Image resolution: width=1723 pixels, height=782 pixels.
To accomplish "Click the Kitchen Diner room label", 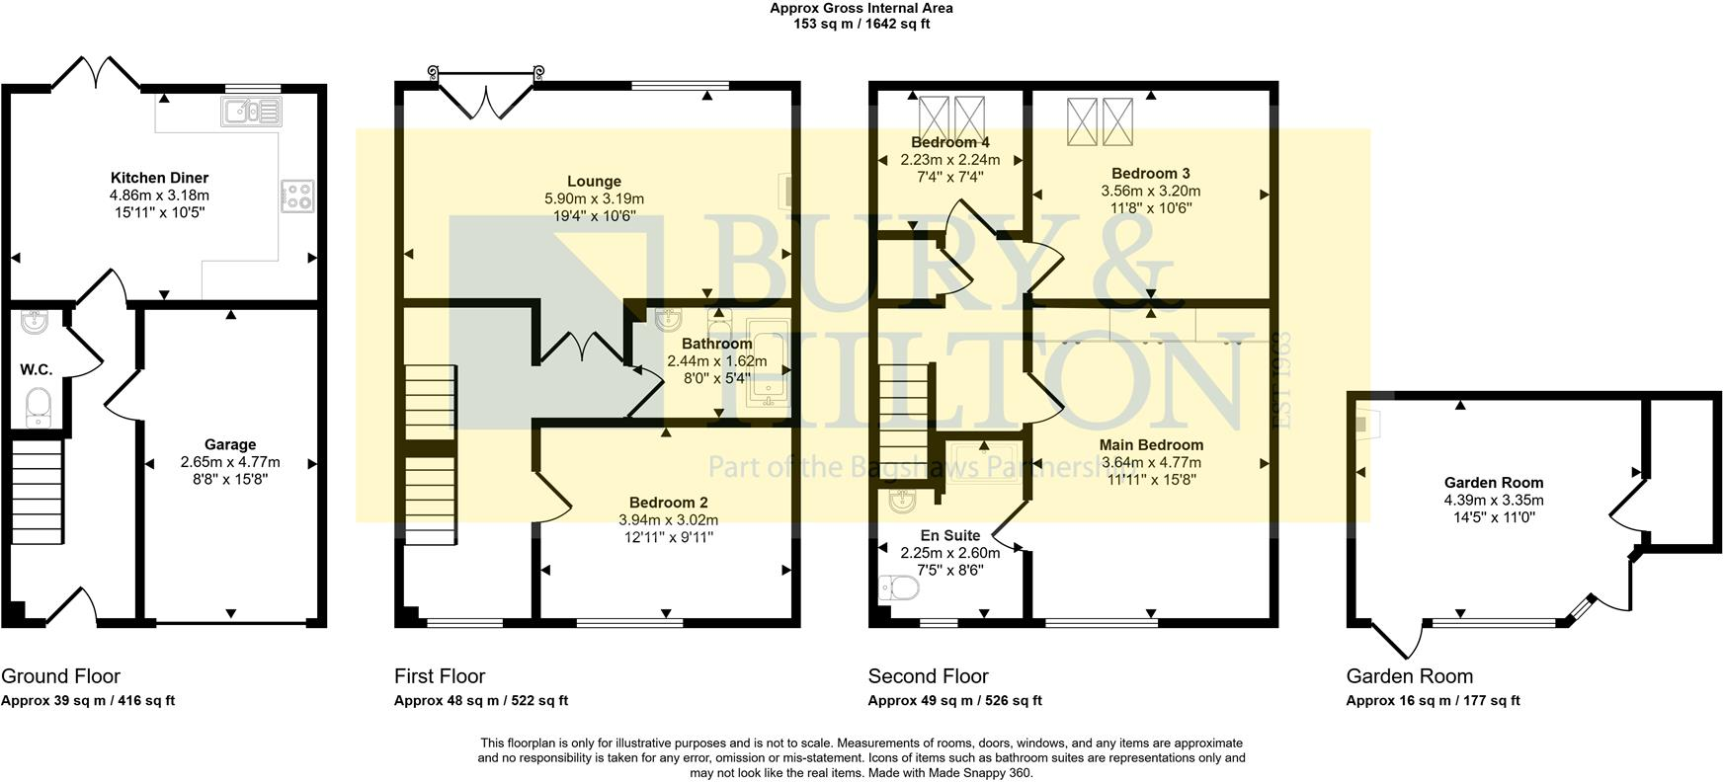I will coord(159,178).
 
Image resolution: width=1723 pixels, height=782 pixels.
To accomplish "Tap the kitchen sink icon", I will coord(253,112).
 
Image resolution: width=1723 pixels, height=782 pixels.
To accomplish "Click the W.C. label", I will coord(37,369).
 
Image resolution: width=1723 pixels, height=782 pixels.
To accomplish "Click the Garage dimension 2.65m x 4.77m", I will coord(230,462).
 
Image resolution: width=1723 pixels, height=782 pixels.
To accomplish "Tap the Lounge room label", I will coord(594,181).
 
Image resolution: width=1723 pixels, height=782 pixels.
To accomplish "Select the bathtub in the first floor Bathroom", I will coord(768,363).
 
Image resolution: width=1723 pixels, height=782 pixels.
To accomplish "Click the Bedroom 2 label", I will coord(668,503).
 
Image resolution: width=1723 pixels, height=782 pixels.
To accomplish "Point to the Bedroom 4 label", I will coord(949,142).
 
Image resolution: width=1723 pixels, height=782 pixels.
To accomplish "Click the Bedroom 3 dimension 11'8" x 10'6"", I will coord(1151,208).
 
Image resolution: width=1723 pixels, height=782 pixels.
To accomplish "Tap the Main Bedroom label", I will coord(1151,445).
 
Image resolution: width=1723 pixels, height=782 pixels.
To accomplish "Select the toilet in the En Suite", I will coord(898,588).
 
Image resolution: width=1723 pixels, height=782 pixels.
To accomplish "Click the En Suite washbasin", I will coord(902,502).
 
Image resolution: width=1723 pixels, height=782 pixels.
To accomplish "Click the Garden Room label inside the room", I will coord(1493,483).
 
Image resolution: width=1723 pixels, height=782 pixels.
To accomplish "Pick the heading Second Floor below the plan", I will coord(928,676).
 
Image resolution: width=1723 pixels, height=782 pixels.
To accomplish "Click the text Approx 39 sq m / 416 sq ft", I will coord(88,701).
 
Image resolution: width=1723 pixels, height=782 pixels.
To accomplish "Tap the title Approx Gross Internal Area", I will coord(861,8).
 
